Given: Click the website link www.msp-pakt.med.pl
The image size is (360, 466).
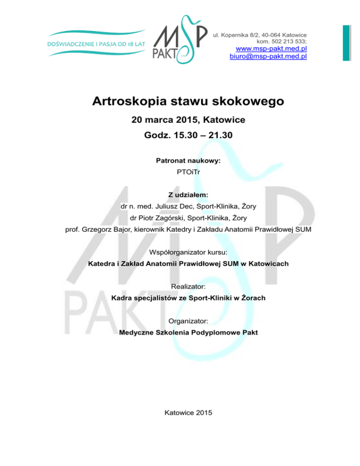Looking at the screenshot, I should point(271,48).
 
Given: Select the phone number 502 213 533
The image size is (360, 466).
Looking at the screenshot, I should point(283,41).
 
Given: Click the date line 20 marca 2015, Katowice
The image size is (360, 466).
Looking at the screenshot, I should point(188,120).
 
